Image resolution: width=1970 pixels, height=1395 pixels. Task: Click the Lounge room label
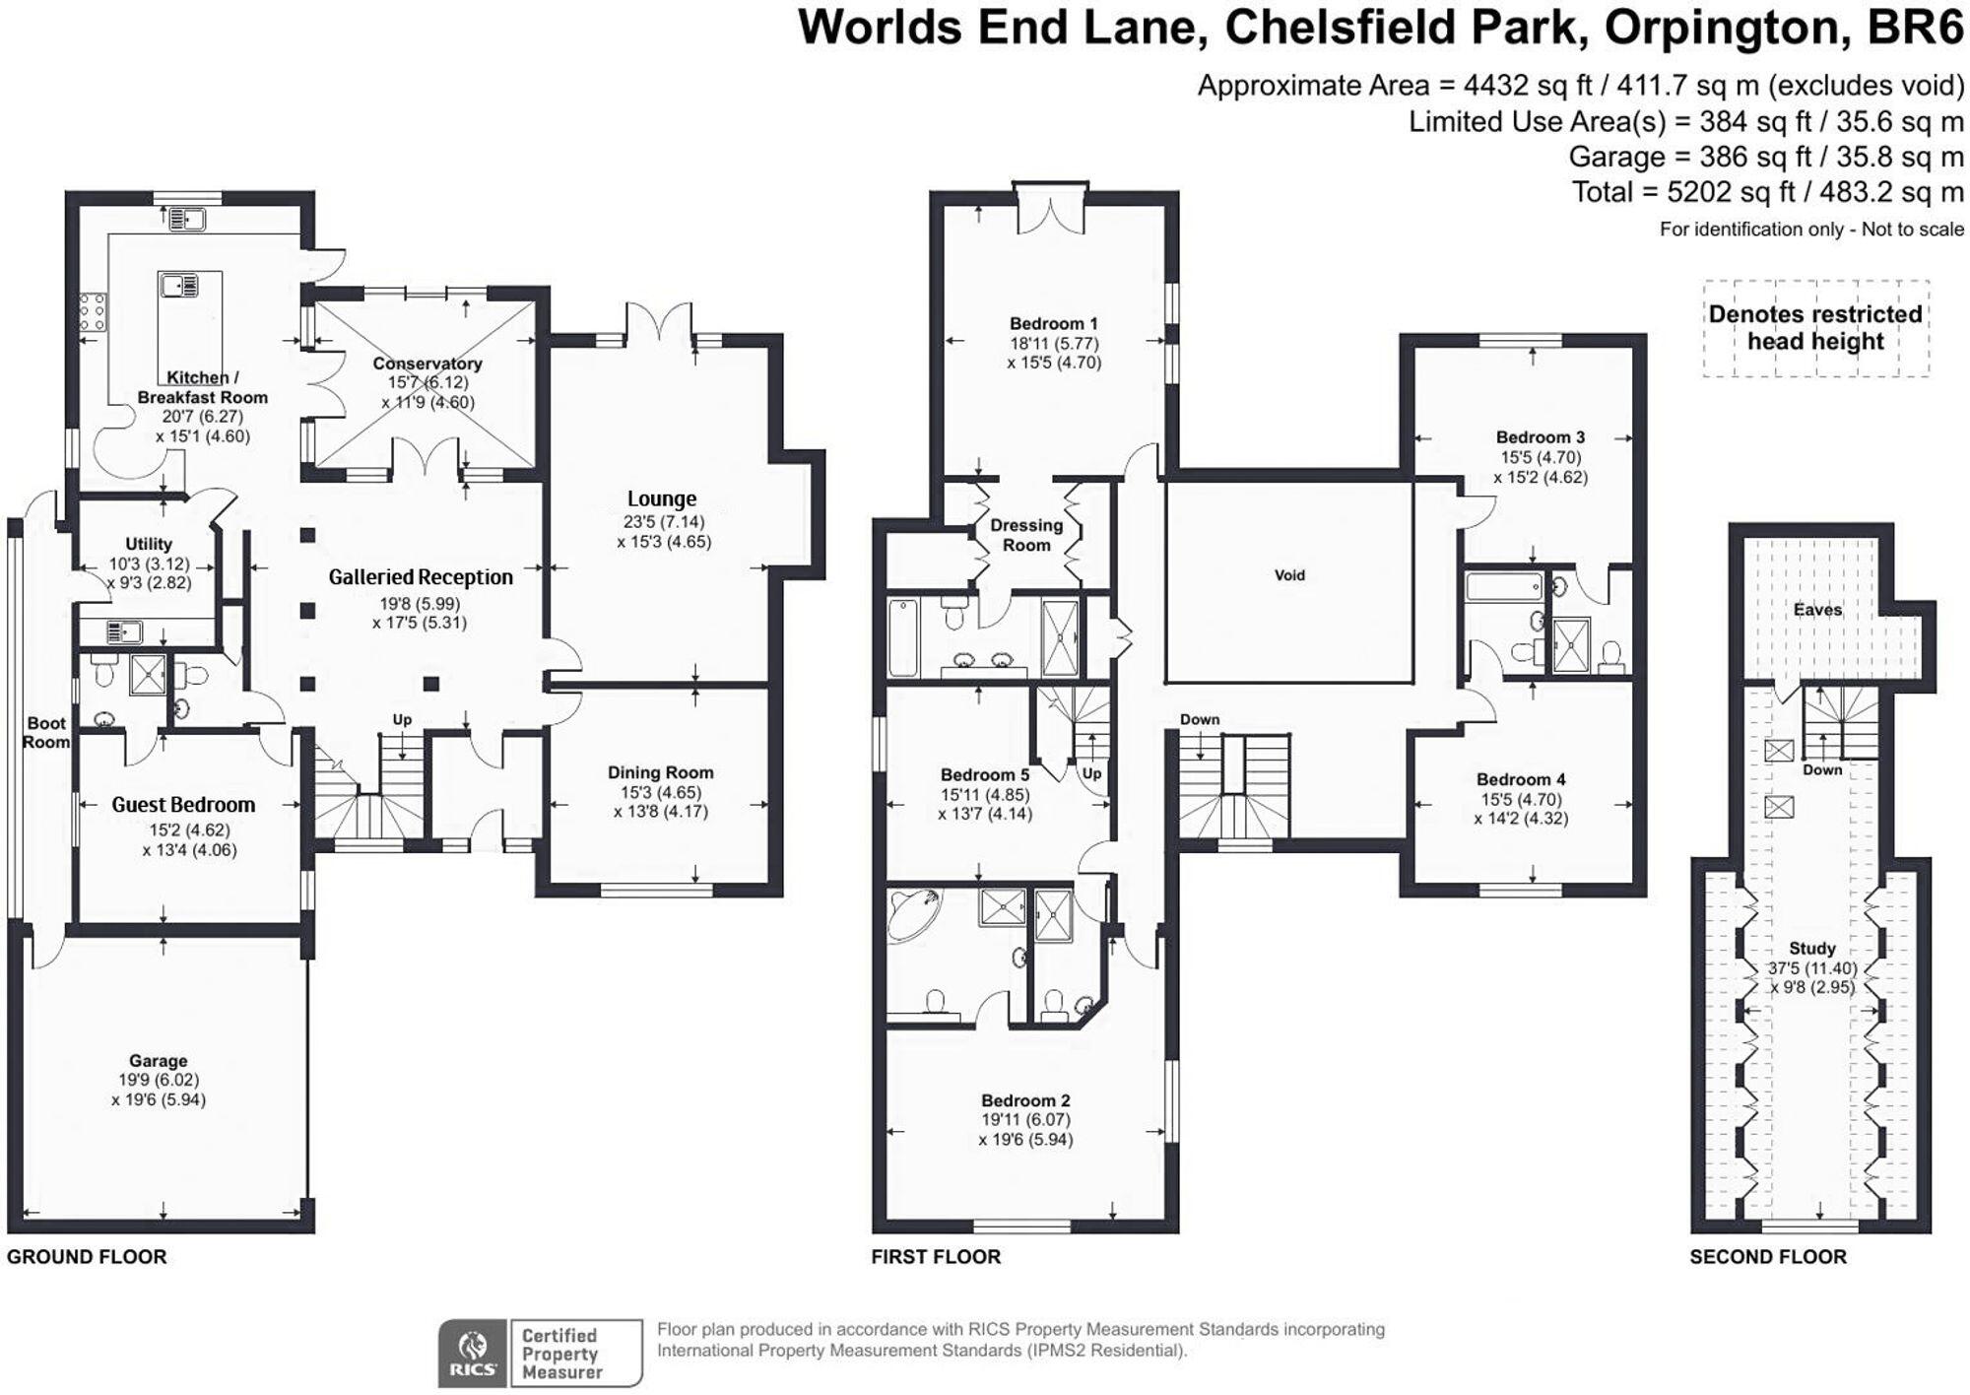point(662,498)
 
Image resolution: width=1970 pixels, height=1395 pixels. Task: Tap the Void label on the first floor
point(1289,575)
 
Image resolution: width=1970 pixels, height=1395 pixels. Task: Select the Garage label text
point(158,1061)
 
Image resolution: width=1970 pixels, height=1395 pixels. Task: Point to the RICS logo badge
point(473,1354)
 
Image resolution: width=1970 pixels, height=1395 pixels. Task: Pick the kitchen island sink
point(178,286)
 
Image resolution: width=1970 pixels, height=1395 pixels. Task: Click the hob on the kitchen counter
point(94,312)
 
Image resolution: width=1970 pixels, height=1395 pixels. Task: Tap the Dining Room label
point(660,773)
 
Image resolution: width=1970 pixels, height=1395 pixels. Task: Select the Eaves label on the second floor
point(1817,610)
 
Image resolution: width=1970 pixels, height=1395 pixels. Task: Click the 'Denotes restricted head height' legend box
point(1816,328)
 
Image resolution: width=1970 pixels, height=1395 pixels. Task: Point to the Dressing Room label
point(1026,535)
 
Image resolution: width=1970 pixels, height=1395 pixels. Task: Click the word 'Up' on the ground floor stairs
point(402,720)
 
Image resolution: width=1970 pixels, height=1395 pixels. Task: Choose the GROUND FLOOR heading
point(87,1257)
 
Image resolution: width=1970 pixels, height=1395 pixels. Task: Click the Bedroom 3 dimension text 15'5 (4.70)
point(1541,457)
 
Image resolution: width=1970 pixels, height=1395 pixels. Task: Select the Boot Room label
point(46,732)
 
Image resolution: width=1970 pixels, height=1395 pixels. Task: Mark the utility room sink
point(124,631)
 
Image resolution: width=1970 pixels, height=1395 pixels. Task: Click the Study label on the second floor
point(1812,949)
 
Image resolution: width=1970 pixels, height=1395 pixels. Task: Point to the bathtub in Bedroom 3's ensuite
point(1504,587)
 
